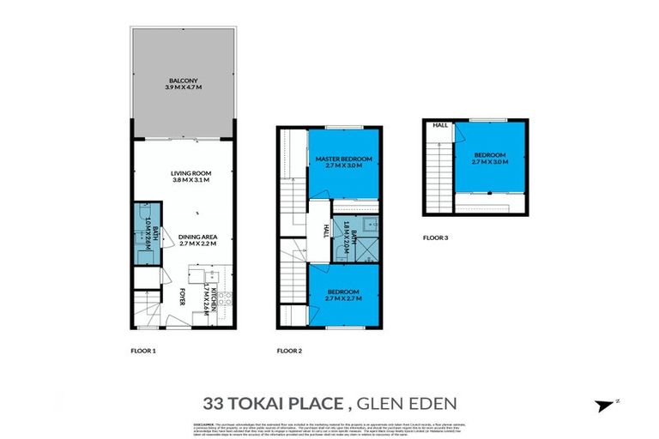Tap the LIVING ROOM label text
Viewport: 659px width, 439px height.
191,175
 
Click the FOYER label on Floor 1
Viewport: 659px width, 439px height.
182,299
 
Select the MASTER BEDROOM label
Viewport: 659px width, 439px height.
342,159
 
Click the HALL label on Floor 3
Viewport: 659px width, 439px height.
440,126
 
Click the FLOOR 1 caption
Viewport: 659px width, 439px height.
142,351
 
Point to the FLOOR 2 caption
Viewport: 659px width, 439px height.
290,351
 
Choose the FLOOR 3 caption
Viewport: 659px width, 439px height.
437,238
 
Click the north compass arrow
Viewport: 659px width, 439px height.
607,404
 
